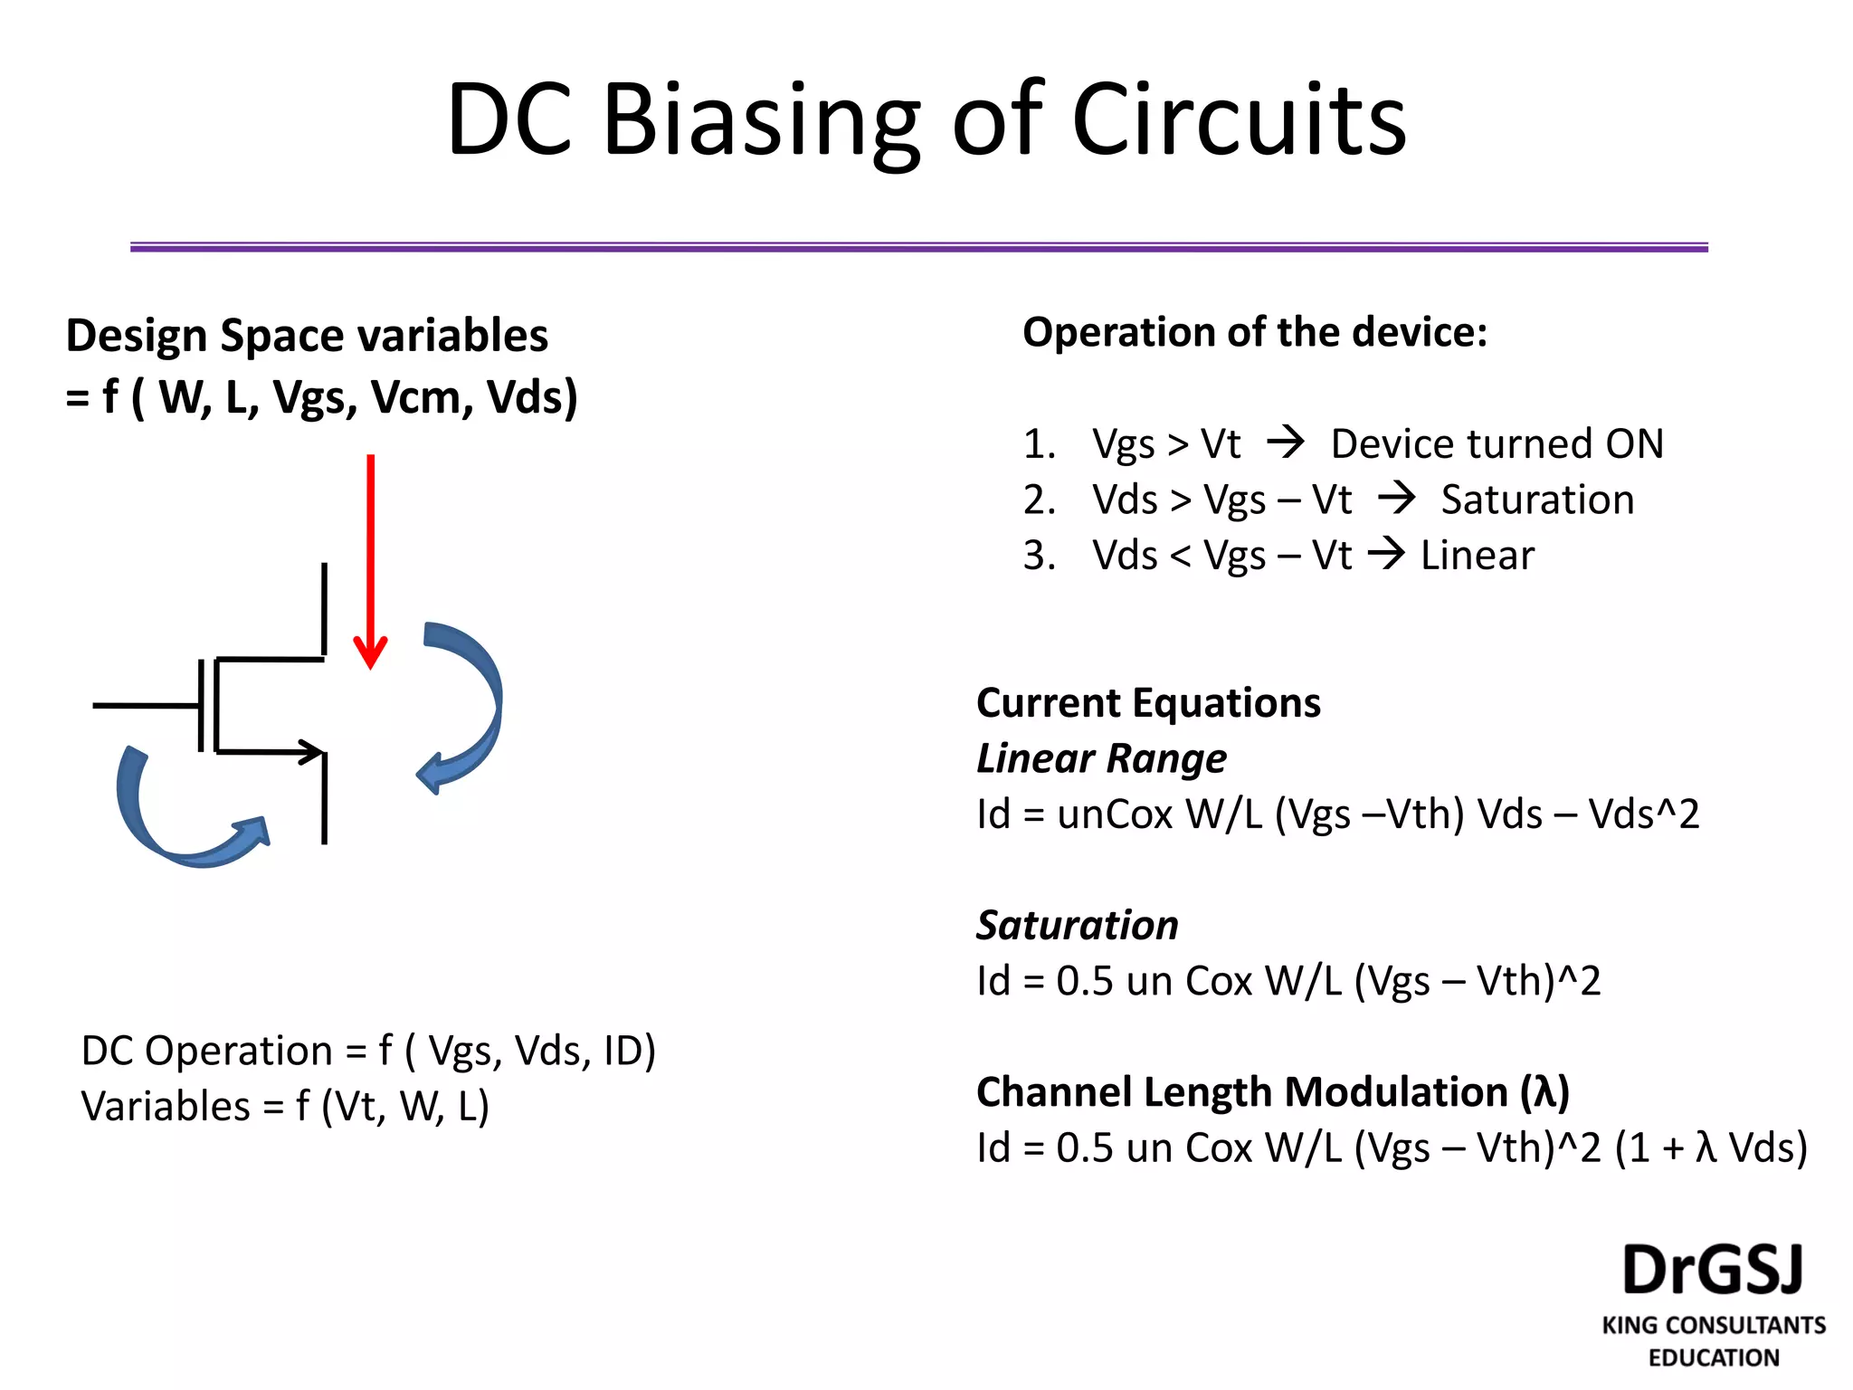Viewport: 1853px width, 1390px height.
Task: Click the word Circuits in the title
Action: pos(1240,120)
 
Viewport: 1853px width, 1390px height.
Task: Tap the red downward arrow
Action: pos(370,561)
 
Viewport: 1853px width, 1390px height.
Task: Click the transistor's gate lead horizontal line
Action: pos(145,705)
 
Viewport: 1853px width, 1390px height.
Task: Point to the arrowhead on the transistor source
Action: pos(312,751)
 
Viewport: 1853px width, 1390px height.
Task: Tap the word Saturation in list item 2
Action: pos(1537,500)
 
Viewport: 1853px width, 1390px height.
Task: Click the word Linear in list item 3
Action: pos(1477,556)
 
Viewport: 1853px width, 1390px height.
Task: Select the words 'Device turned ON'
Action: pos(1497,443)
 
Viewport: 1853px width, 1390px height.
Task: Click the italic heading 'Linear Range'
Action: pos(1101,758)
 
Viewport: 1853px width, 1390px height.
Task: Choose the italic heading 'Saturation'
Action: pos(1077,925)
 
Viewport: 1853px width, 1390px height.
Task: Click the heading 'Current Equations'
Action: pos(1148,703)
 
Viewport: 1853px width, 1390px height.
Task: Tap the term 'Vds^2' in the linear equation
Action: pos(1644,814)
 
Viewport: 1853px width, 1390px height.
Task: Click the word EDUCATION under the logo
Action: pos(1713,1357)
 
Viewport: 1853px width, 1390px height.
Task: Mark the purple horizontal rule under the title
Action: pos(918,247)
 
